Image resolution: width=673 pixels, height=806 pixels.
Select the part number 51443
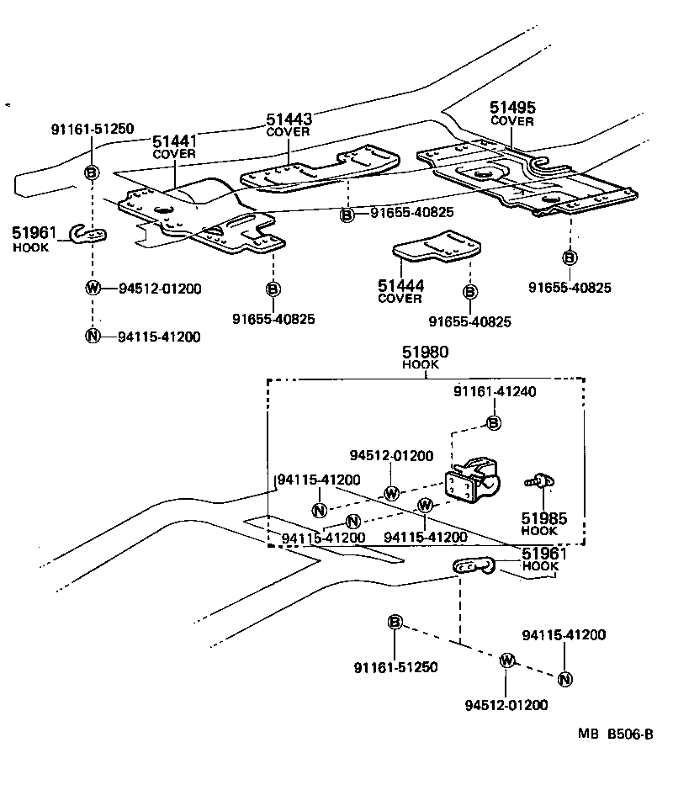[x=289, y=120]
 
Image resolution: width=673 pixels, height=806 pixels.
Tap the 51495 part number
[x=512, y=109]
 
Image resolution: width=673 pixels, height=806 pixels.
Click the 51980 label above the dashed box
[x=426, y=353]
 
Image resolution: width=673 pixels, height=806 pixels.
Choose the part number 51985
[x=539, y=519]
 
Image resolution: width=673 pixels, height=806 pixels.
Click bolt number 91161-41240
[x=495, y=392]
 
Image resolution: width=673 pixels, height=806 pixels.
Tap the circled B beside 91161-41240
[x=495, y=422]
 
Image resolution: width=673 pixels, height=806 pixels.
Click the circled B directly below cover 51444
[x=469, y=292]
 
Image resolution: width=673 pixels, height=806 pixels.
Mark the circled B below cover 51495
[x=570, y=257]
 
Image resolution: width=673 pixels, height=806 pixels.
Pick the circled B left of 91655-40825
[x=347, y=215]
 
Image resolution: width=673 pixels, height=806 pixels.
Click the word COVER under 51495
[x=512, y=121]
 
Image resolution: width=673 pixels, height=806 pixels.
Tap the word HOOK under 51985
[x=539, y=532]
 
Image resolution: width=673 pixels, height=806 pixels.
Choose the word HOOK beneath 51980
[x=426, y=366]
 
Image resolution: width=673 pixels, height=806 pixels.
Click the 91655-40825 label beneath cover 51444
[x=469, y=322]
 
